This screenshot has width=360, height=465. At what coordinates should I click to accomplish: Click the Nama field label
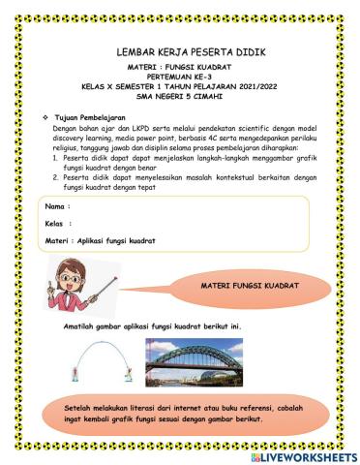click(58, 207)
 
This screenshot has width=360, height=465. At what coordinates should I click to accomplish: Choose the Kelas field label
click(60, 224)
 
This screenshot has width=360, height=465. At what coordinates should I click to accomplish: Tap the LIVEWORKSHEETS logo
click(303, 455)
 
